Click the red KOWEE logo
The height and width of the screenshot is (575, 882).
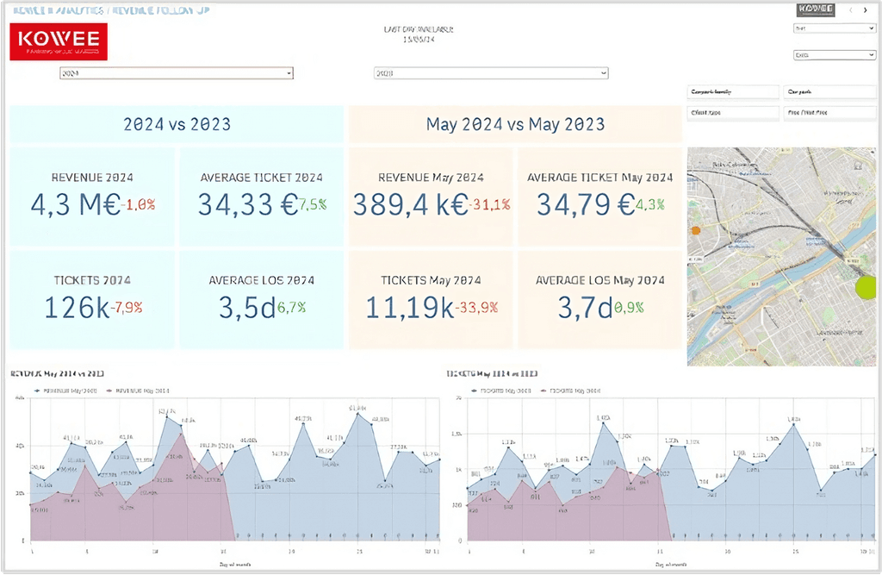click(59, 41)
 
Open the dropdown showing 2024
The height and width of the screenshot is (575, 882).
click(176, 73)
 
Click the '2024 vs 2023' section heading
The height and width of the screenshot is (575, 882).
click(177, 124)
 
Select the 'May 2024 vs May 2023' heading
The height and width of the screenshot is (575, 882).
click(515, 124)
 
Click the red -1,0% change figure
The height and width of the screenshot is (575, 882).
click(140, 205)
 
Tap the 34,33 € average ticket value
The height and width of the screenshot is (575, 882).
click(247, 204)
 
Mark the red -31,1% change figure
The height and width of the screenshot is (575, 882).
click(490, 205)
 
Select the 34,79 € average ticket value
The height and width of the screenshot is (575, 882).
click(585, 204)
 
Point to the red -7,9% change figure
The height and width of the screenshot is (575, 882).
click(127, 308)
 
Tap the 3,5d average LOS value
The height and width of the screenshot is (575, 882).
click(246, 307)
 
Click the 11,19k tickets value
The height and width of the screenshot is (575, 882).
click(410, 307)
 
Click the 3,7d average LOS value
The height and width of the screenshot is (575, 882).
click(585, 307)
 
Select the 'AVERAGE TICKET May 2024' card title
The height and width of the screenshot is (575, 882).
click(600, 178)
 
